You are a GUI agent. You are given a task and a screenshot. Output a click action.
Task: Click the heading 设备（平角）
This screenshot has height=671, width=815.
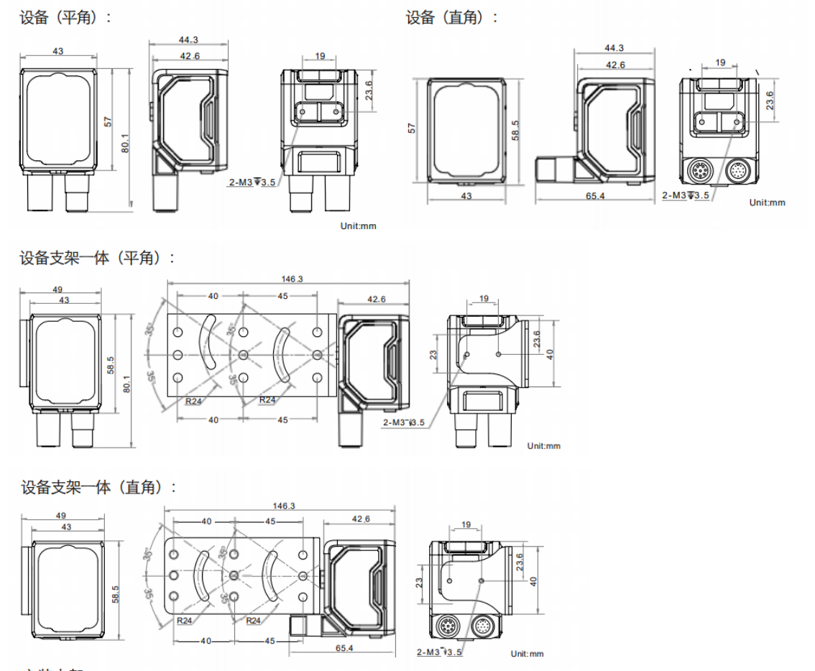65,17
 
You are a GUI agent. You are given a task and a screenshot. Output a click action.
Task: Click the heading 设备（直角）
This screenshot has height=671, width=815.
451,17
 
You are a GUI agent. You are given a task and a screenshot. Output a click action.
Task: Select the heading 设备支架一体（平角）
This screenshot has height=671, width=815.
97,257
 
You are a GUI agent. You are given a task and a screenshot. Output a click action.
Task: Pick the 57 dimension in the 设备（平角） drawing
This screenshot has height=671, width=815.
109,121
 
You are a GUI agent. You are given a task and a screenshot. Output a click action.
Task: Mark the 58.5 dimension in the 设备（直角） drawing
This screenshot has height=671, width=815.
515,130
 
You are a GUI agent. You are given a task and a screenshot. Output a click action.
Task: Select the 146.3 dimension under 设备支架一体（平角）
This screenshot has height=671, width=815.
288,279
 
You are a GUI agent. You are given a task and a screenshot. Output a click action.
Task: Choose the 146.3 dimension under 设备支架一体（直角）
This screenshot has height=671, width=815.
285,506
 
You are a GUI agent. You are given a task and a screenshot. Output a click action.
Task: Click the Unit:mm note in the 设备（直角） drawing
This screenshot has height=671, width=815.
767,203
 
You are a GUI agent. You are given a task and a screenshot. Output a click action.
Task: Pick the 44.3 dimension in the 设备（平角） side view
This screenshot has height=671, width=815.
190,40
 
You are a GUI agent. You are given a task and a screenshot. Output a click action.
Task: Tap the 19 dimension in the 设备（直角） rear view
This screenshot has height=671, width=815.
719,63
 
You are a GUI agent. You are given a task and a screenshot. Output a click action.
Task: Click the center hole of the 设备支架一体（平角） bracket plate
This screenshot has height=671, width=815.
244,354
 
